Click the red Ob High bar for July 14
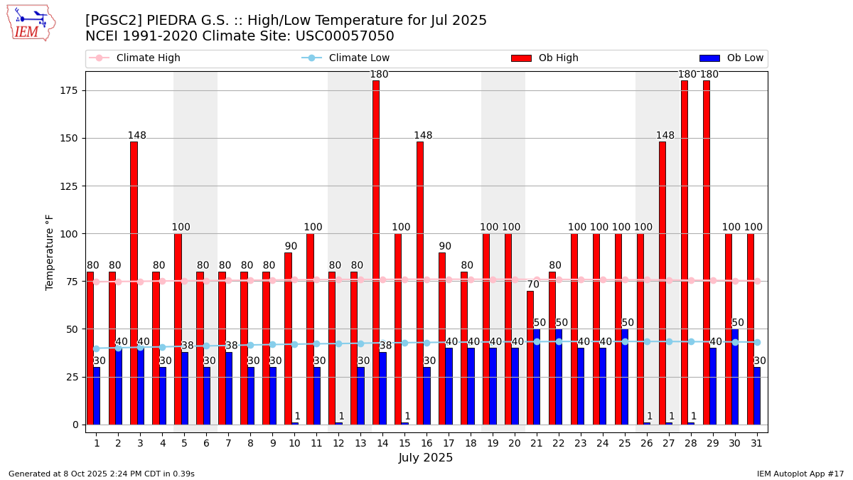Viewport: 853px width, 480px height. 375,252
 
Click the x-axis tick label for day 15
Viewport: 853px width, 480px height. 404,443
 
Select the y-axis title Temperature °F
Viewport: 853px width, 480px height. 50,252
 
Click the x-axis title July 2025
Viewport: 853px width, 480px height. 426,458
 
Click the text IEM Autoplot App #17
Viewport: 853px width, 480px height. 800,474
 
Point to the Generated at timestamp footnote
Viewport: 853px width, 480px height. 101,474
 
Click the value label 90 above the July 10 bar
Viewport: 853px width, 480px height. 291,247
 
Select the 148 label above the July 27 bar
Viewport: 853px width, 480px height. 665,136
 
